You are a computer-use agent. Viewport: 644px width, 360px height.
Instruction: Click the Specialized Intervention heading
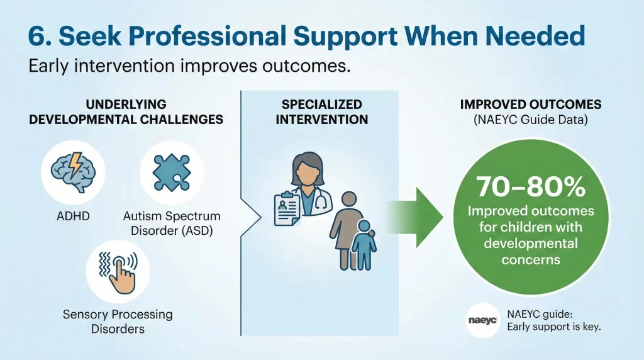click(x=321, y=111)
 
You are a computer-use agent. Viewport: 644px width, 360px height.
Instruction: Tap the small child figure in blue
click(x=364, y=245)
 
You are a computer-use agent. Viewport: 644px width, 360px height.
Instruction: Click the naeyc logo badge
click(x=482, y=320)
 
